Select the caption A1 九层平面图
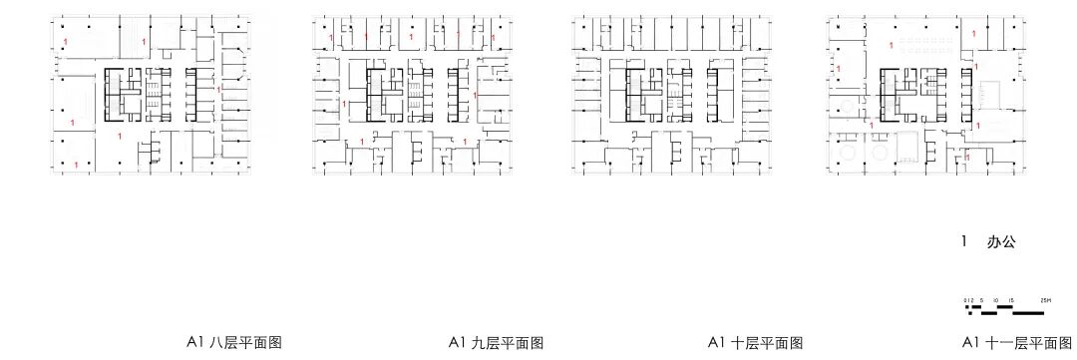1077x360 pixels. (x=496, y=342)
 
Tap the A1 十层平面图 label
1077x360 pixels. (x=755, y=342)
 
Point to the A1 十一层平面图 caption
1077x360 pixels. (x=1018, y=342)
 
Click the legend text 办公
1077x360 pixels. (x=1001, y=242)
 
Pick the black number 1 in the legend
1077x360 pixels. (x=964, y=242)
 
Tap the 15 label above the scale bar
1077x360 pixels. (x=1011, y=300)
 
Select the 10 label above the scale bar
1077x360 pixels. (x=996, y=300)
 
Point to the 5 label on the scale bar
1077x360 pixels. (x=981, y=300)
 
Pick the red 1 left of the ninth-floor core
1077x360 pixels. (x=344, y=103)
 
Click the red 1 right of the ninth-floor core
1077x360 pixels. (x=475, y=96)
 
